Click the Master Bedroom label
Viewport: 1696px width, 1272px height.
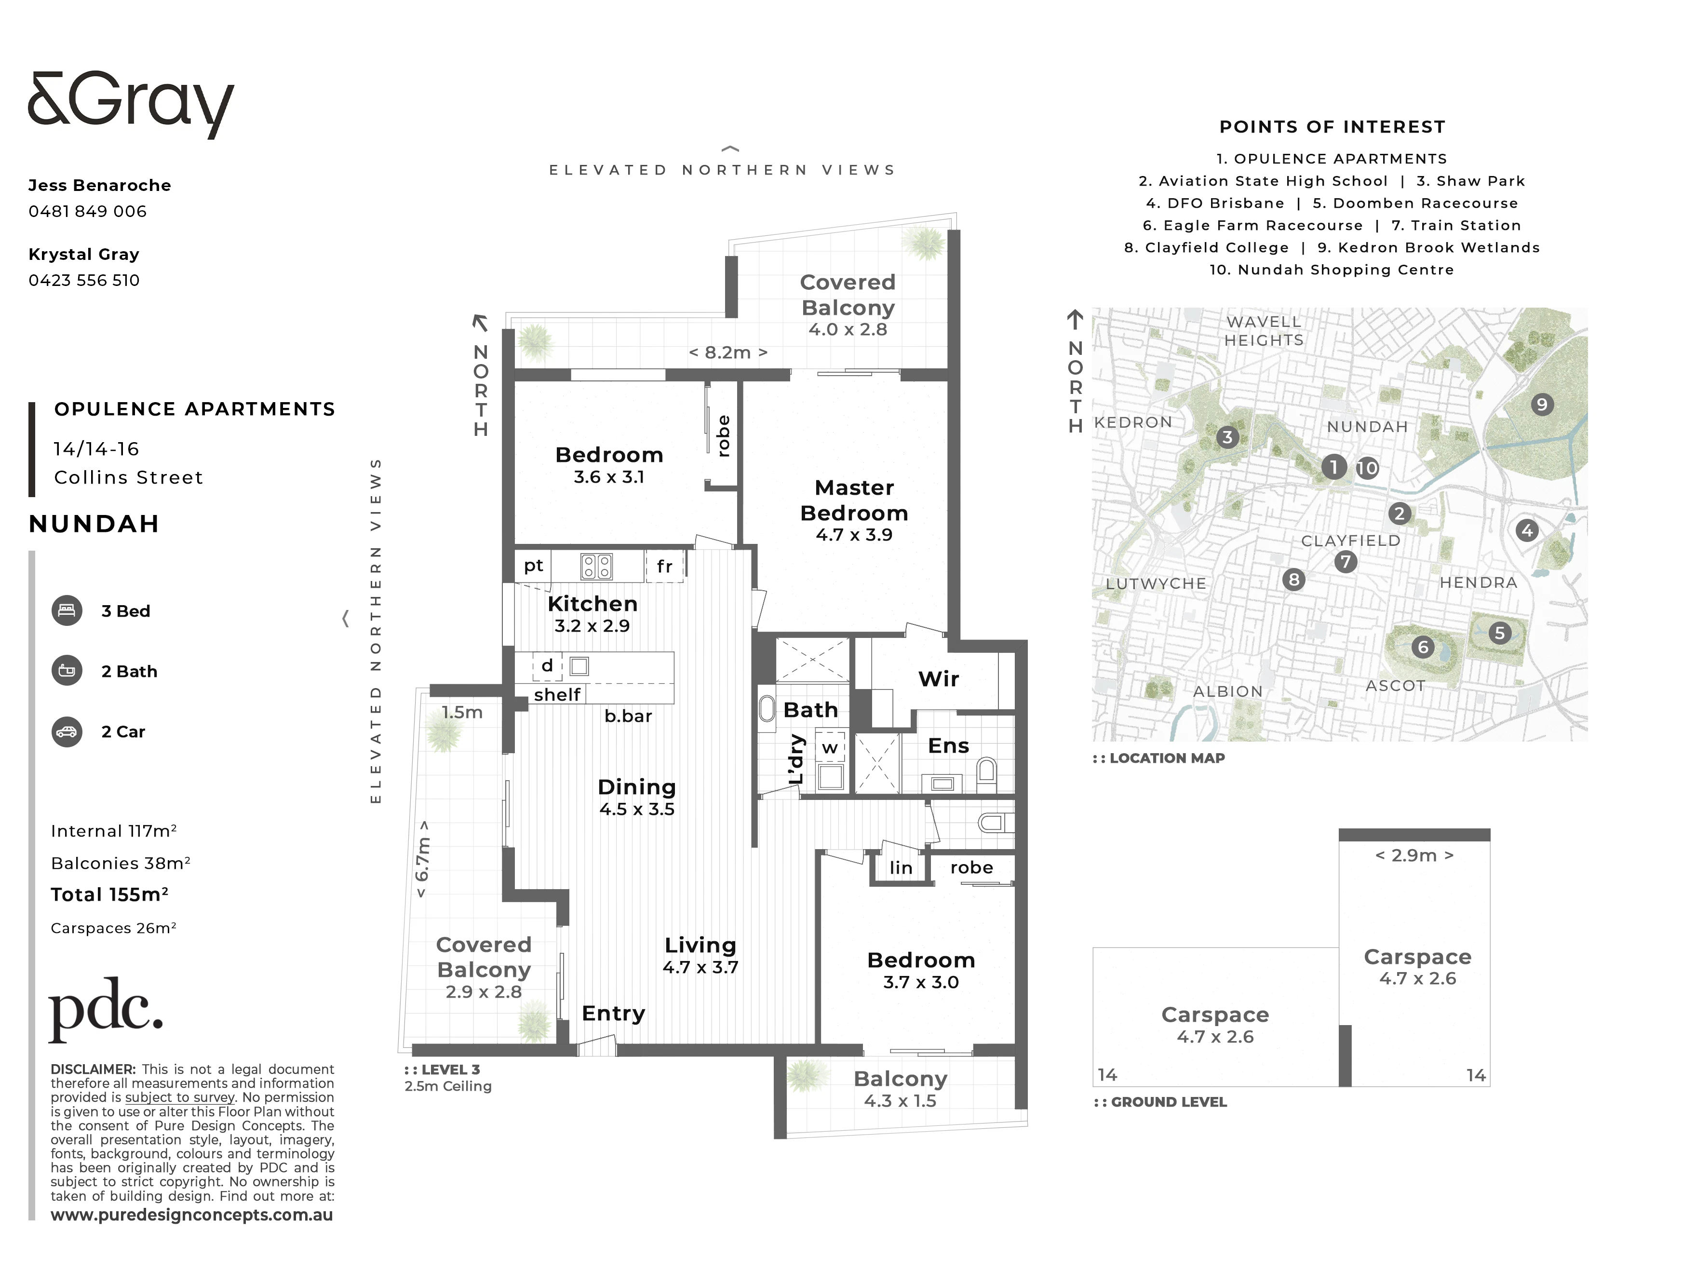click(x=854, y=500)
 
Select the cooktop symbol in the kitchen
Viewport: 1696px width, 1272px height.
click(x=596, y=567)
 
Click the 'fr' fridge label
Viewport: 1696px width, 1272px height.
click(x=664, y=566)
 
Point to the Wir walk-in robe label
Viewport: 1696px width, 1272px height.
click(x=939, y=678)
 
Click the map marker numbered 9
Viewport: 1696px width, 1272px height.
click(x=1542, y=404)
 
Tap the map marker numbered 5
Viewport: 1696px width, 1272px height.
click(x=1500, y=633)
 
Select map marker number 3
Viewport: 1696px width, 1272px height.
click(x=1227, y=437)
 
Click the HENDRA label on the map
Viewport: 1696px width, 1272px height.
click(x=1478, y=582)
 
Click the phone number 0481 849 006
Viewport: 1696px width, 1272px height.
click(x=87, y=212)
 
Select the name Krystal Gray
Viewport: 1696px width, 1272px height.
click(x=83, y=255)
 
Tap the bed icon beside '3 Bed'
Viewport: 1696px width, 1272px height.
click(x=67, y=610)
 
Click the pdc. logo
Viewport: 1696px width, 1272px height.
click(x=106, y=1009)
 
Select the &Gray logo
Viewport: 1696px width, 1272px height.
click(x=130, y=105)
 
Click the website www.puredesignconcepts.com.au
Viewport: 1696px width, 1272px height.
click(x=192, y=1215)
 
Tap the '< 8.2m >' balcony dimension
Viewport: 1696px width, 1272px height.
click(x=727, y=352)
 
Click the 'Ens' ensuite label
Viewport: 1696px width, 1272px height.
click(x=948, y=746)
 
